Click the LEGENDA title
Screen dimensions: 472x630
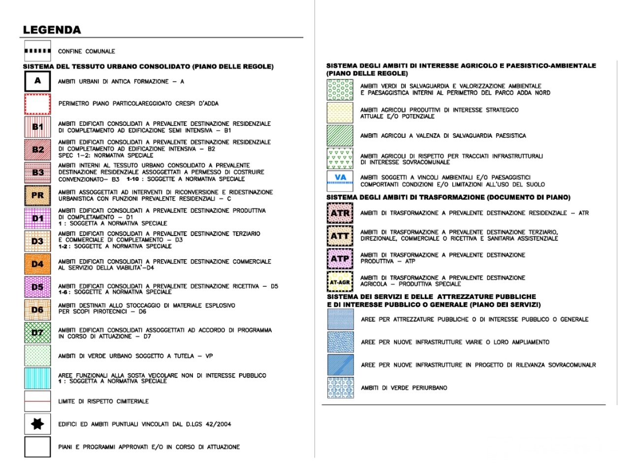tap(52, 30)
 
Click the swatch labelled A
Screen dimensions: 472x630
tap(37, 81)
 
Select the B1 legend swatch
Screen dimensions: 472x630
tap(37, 127)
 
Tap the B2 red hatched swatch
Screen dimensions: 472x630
tap(37, 149)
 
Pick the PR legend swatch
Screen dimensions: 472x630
tap(37, 195)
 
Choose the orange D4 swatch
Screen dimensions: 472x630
tap(37, 264)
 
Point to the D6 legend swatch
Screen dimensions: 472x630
tap(37, 310)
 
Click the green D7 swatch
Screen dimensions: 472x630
tap(37, 332)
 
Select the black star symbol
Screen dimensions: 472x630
tap(37, 424)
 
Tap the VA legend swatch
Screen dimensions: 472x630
tap(340, 180)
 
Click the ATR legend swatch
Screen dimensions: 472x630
tap(340, 213)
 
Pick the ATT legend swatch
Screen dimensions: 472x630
tap(340, 236)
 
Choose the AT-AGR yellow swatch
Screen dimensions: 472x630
tap(340, 282)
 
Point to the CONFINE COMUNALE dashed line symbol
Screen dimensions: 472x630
tap(37, 51)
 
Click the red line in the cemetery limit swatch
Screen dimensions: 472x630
tap(37, 401)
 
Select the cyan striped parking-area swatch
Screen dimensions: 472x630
tap(37, 378)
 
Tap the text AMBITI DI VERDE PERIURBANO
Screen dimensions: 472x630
tap(404, 388)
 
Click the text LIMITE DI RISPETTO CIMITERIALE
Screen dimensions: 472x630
tap(103, 401)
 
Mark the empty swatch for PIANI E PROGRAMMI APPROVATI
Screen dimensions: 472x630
tap(37, 447)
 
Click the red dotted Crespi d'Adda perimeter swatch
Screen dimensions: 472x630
tap(37, 104)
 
